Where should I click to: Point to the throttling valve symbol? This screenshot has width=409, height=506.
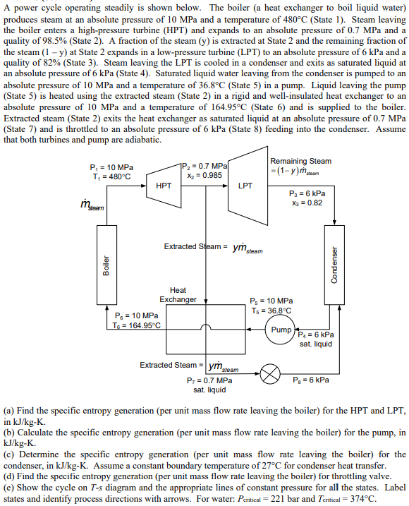(269, 375)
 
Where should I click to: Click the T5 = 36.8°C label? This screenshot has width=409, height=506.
(271, 310)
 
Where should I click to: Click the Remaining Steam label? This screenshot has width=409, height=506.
(300, 161)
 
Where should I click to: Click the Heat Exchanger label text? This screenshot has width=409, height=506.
(178, 295)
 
